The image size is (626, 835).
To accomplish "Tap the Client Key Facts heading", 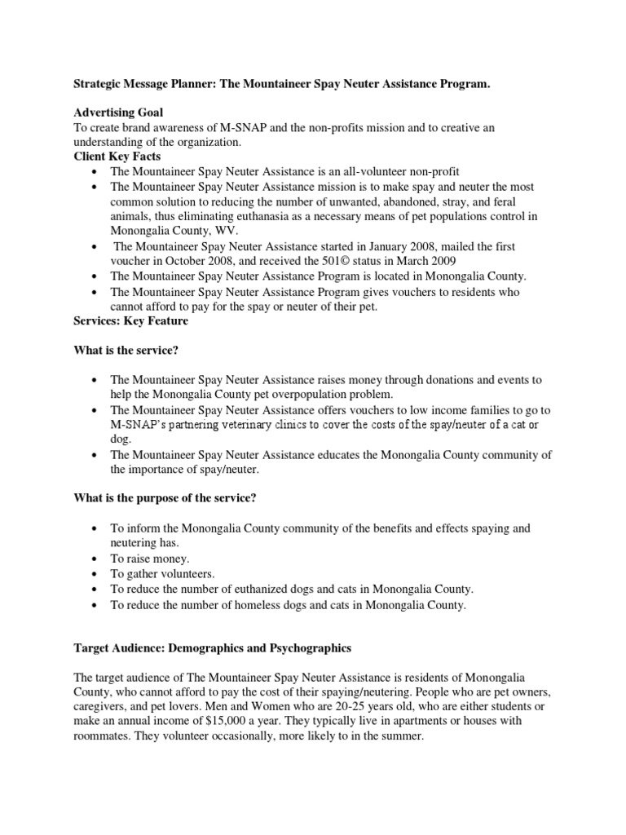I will click(117, 157).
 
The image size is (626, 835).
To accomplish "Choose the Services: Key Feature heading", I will click(130, 320).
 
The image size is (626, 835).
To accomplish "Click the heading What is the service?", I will click(127, 351).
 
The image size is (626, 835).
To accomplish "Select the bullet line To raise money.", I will click(150, 559).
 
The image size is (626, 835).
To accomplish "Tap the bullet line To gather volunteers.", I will click(161, 573).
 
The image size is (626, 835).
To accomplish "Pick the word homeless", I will click(272, 604).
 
